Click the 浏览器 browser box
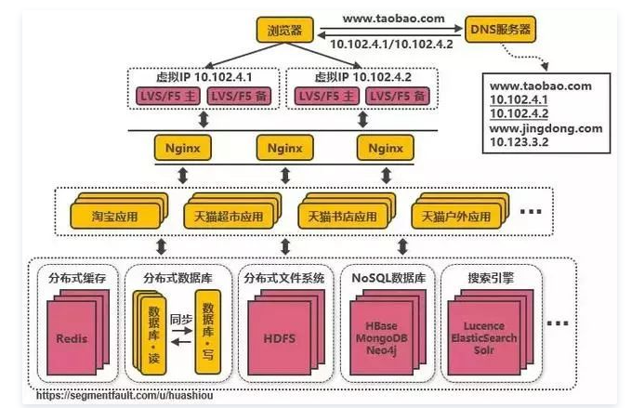(x=285, y=29)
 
